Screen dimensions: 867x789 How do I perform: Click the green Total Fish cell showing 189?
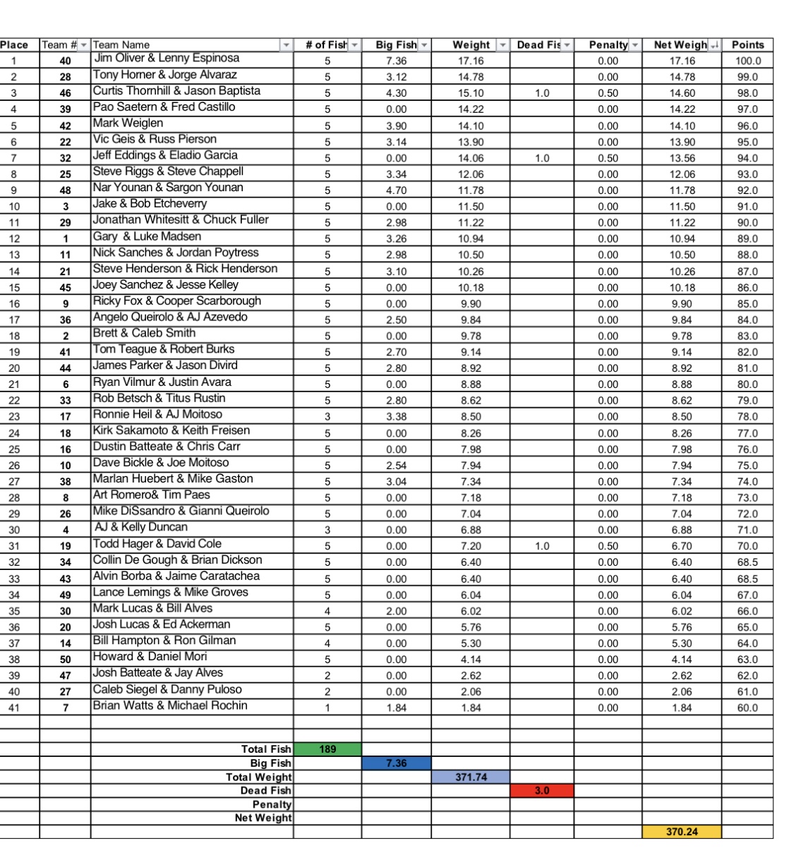click(x=327, y=749)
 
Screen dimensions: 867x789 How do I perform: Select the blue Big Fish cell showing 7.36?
click(x=397, y=763)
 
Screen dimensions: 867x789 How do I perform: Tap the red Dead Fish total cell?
click(x=541, y=791)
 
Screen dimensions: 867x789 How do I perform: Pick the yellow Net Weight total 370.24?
click(x=682, y=832)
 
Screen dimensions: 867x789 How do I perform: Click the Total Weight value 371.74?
click(x=471, y=777)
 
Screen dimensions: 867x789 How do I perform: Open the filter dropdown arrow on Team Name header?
click(x=286, y=45)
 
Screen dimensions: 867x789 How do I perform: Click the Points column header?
click(x=747, y=44)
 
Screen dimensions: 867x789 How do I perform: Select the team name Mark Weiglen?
click(x=128, y=123)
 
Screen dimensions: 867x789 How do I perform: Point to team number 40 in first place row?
click(x=66, y=61)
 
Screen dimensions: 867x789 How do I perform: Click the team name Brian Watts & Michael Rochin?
click(x=170, y=705)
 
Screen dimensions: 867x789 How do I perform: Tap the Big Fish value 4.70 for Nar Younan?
click(x=397, y=190)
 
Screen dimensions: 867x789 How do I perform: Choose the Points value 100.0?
click(x=747, y=61)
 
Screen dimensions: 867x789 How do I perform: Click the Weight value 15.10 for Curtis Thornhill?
click(x=471, y=93)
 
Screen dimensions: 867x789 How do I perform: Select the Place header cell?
click(x=15, y=44)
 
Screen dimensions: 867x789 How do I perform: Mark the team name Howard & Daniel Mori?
click(x=150, y=657)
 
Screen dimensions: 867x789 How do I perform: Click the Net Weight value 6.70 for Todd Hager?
click(x=682, y=546)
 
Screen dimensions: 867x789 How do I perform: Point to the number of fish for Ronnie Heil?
click(x=327, y=417)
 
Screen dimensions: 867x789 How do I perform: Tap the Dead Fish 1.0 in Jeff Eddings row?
click(x=541, y=158)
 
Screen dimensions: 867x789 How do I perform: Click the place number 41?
click(x=15, y=708)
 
